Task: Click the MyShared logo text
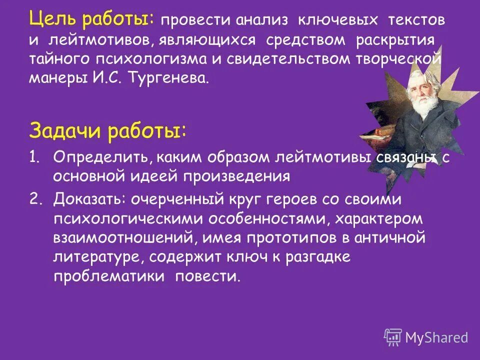click(437, 337)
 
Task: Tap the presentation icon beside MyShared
click(393, 338)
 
